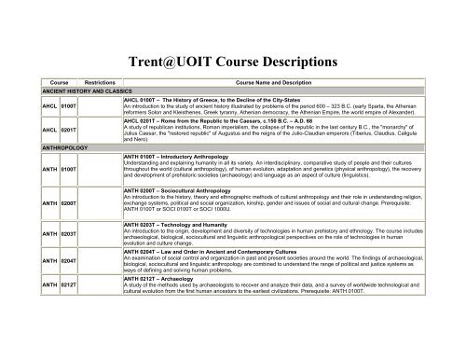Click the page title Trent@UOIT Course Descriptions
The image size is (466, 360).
[233, 43]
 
